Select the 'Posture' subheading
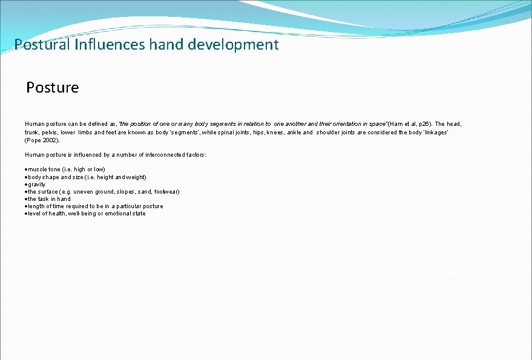pos(53,88)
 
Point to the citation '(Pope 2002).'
pos(42,140)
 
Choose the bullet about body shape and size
pos(87,177)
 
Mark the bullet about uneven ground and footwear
pos(103,191)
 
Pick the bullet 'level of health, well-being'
pos(86,213)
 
